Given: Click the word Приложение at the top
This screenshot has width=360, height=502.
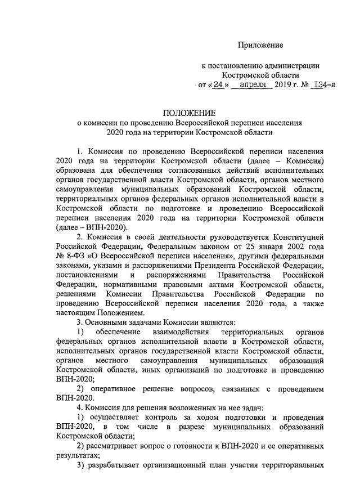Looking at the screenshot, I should (260, 44).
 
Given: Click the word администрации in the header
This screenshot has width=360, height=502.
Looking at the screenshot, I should (291, 66).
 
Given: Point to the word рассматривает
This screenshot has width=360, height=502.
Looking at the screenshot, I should (115, 446).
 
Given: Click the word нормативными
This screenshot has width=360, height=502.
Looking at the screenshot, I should (130, 285).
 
